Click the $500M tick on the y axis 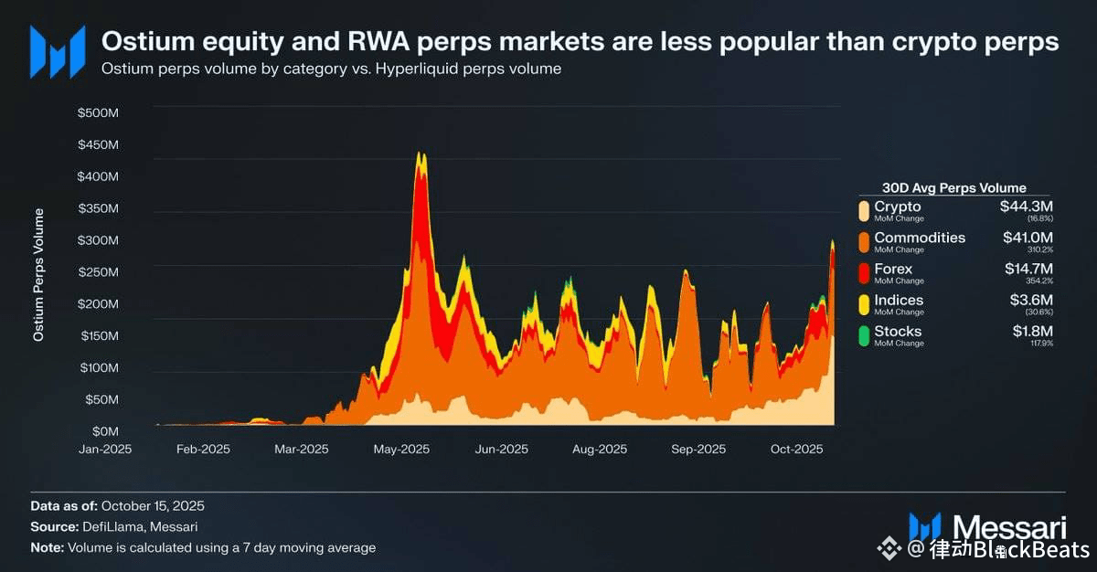(x=100, y=113)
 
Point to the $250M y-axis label (x=100, y=272)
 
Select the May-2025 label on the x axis (x=402, y=449)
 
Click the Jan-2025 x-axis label (x=105, y=449)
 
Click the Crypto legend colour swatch (x=862, y=211)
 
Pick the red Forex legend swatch (x=862, y=273)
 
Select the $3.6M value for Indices (x=1032, y=300)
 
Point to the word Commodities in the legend (x=920, y=238)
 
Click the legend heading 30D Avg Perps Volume (x=953, y=188)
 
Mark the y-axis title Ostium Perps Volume (x=38, y=275)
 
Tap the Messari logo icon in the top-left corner (x=57, y=51)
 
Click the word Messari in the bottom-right (x=1009, y=527)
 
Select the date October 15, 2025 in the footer (x=153, y=505)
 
